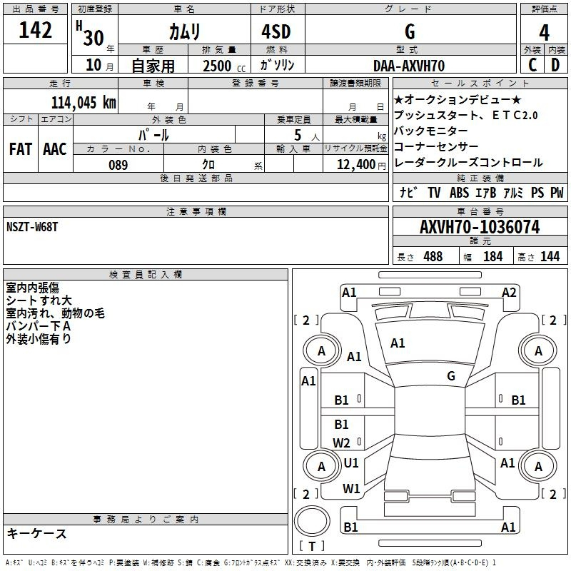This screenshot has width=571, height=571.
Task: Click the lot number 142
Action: point(35,29)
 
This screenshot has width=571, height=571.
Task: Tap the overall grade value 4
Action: point(544,32)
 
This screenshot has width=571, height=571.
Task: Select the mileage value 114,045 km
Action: point(84,102)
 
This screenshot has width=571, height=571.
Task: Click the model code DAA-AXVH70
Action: point(409,66)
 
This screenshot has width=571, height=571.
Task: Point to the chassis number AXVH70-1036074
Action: point(480,227)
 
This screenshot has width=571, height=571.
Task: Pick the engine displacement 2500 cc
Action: point(224,66)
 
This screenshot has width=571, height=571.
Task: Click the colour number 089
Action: point(118,165)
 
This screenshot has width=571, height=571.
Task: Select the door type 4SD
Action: point(276,31)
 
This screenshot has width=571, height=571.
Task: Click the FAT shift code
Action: point(21,149)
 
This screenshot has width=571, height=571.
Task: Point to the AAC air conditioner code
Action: point(55,149)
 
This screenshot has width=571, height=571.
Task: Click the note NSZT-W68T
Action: point(32,227)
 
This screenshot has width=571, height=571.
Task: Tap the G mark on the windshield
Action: point(451,375)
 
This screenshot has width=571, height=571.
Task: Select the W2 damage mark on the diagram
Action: point(341,443)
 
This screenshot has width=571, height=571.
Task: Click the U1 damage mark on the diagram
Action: point(351,463)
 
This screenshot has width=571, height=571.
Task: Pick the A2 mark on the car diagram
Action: point(509,293)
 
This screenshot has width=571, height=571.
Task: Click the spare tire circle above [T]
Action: point(312,521)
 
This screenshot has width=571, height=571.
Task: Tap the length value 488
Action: point(433,256)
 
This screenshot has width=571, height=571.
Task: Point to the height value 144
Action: point(550,256)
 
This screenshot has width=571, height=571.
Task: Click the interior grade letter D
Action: point(555,65)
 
